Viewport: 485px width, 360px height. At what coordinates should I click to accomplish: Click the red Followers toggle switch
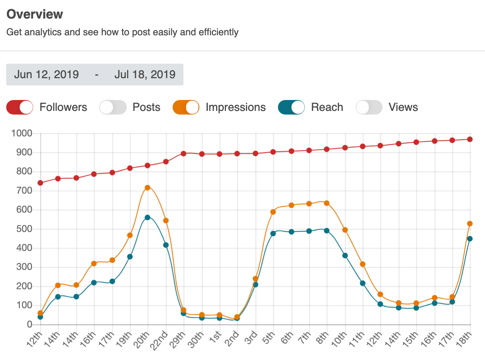pos(20,107)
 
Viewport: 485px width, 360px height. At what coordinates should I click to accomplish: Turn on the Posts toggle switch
pos(113,107)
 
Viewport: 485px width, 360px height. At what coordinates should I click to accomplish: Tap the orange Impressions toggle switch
pos(186,107)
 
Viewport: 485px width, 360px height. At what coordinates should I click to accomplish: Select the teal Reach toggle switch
pos(291,107)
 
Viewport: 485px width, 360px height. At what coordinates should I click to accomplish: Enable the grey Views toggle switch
pos(369,107)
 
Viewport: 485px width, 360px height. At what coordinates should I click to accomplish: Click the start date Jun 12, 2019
pos(47,75)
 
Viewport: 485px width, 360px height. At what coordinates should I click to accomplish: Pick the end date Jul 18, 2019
pos(145,75)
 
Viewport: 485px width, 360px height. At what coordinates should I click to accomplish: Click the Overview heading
pos(35,14)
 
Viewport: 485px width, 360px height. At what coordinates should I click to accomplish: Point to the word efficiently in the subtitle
pos(218,32)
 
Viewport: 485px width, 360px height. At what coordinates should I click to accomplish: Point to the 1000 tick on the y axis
pos(22,133)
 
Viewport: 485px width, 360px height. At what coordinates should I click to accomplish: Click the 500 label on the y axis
pos(24,229)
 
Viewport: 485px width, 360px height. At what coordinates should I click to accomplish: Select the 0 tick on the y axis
pos(30,324)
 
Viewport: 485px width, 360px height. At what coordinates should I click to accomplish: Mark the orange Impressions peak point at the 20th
pos(147,188)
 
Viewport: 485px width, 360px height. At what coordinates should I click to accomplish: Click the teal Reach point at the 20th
pos(147,217)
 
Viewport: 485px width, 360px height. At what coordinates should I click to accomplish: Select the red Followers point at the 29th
pos(183,153)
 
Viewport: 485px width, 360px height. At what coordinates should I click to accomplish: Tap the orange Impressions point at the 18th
pos(470,224)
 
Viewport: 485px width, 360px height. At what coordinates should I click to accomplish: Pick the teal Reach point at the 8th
pos(327,231)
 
